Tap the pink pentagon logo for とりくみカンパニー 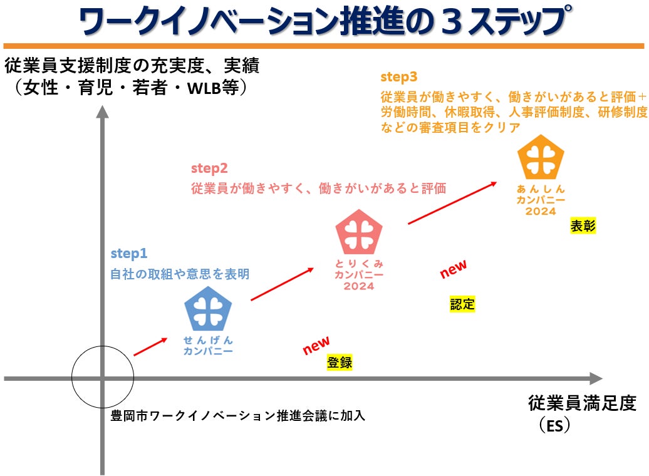[358, 230]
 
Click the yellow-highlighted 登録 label [340, 362]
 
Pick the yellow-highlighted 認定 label [462, 305]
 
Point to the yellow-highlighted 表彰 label [583, 227]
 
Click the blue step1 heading [129, 254]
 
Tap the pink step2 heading [209, 168]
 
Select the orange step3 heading [399, 77]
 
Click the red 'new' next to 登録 [316, 345]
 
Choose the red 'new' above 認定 [453, 269]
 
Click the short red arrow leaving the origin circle [150, 346]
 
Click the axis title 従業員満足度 [582, 403]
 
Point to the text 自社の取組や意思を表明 [180, 274]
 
